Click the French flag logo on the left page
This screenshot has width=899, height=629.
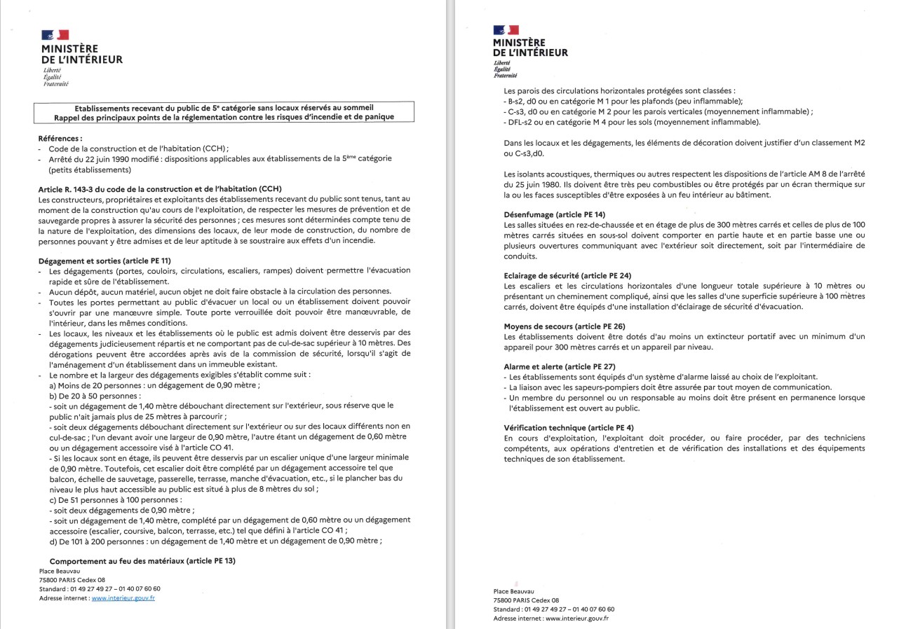point(55,35)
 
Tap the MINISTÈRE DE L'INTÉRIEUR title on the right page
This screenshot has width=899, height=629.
point(530,48)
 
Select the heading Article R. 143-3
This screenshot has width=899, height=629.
point(160,189)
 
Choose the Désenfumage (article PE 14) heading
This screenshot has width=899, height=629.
point(554,214)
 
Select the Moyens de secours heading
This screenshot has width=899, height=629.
point(555,326)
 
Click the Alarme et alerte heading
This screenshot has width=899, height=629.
point(559,366)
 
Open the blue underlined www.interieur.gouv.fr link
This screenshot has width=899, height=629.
point(123,598)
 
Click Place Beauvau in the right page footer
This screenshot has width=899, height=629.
point(513,591)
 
